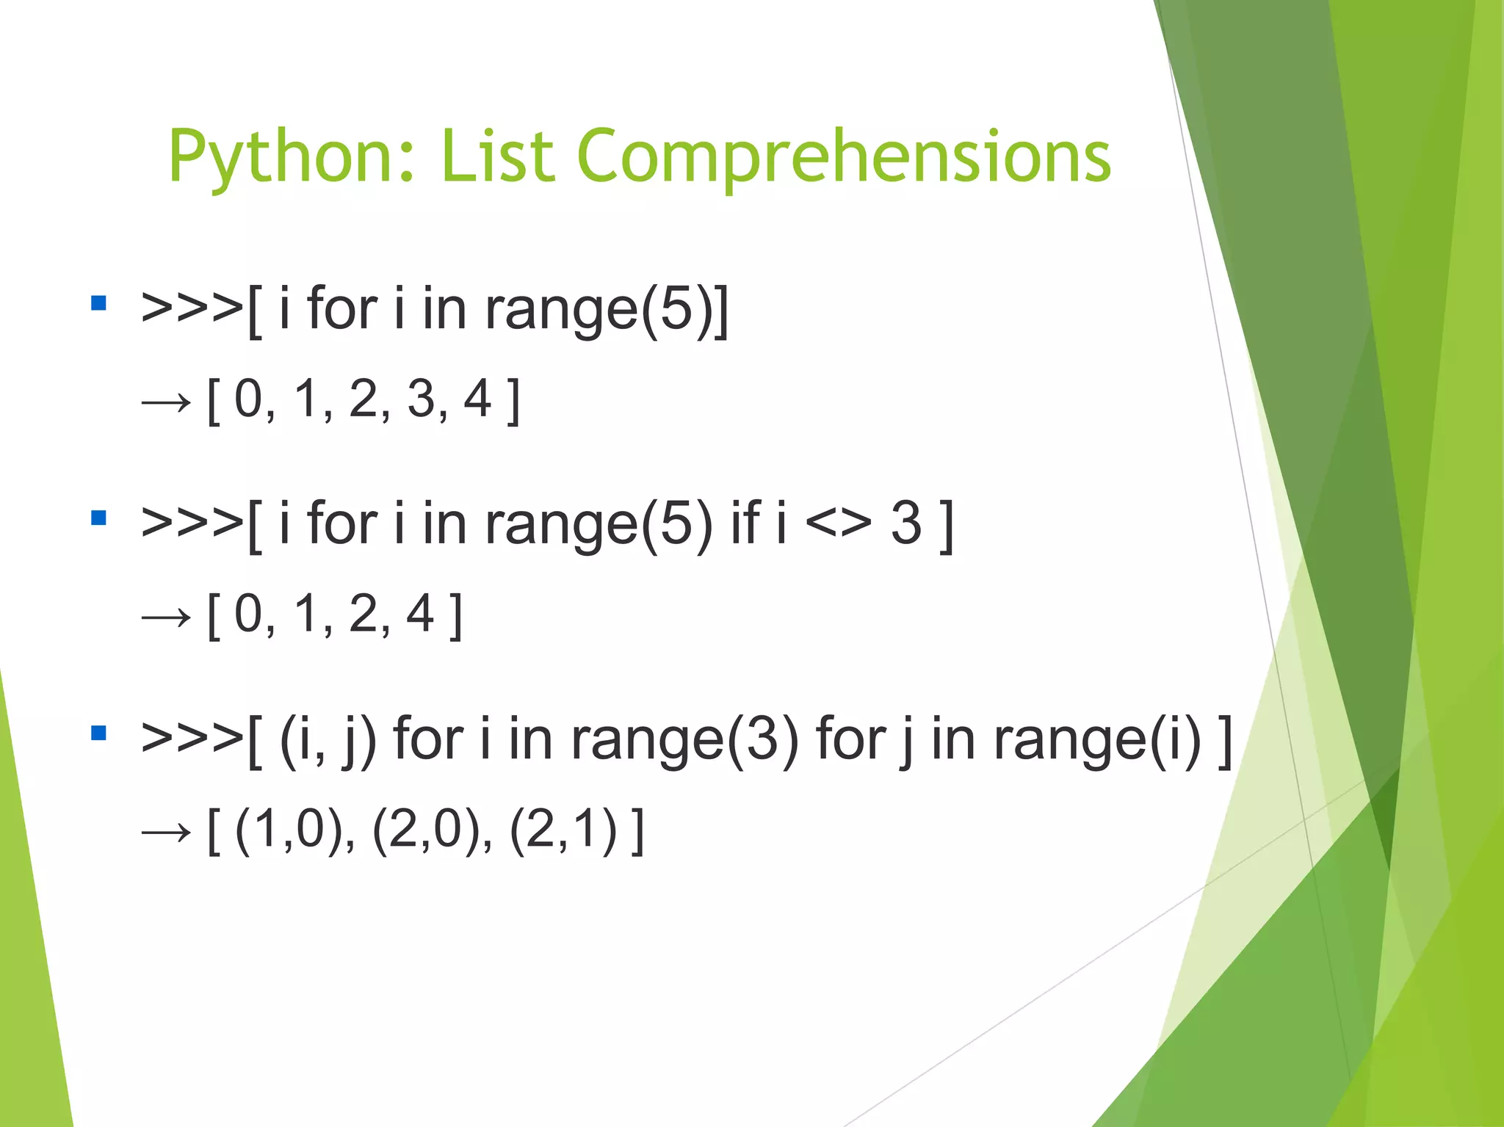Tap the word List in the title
(x=496, y=156)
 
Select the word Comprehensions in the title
(x=844, y=156)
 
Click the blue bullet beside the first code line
(x=99, y=303)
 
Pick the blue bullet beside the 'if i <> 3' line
(x=99, y=518)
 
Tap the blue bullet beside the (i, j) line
(x=99, y=733)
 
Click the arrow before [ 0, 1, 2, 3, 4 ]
(x=166, y=402)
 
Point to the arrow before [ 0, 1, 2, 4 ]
(x=166, y=617)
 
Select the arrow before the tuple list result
(x=166, y=833)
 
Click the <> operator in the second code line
(x=838, y=523)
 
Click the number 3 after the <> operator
(x=906, y=523)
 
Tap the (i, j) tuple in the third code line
(x=328, y=739)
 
